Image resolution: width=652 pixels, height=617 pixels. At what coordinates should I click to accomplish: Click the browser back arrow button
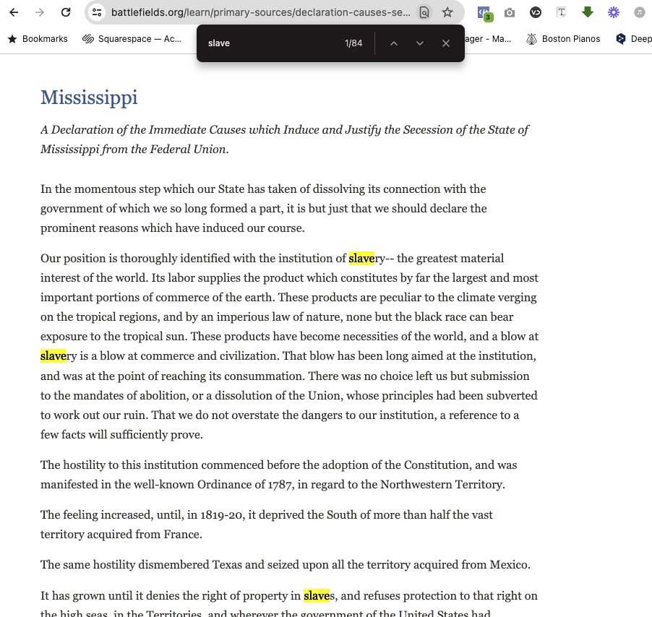[x=14, y=12]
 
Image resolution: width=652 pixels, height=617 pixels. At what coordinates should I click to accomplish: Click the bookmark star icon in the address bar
[x=447, y=12]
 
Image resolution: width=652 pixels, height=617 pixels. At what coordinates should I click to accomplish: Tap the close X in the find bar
[x=446, y=43]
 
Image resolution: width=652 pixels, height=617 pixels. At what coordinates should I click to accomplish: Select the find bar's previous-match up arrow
[x=394, y=43]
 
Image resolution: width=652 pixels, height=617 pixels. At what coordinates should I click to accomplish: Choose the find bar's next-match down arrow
[x=420, y=43]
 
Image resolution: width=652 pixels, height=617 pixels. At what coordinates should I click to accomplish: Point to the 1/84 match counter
[x=353, y=43]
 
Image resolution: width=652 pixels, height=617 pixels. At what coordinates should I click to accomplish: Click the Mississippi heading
[x=89, y=98]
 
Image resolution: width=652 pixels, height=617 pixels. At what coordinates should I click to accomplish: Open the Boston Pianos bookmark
[x=570, y=39]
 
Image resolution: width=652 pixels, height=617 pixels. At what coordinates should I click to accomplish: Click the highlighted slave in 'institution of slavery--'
[x=361, y=259]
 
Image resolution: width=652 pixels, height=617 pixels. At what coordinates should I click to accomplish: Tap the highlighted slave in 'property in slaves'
[x=317, y=596]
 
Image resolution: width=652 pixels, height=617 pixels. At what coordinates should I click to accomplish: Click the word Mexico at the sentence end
[x=510, y=565]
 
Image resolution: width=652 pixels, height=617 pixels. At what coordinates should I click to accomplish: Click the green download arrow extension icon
[x=588, y=12]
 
